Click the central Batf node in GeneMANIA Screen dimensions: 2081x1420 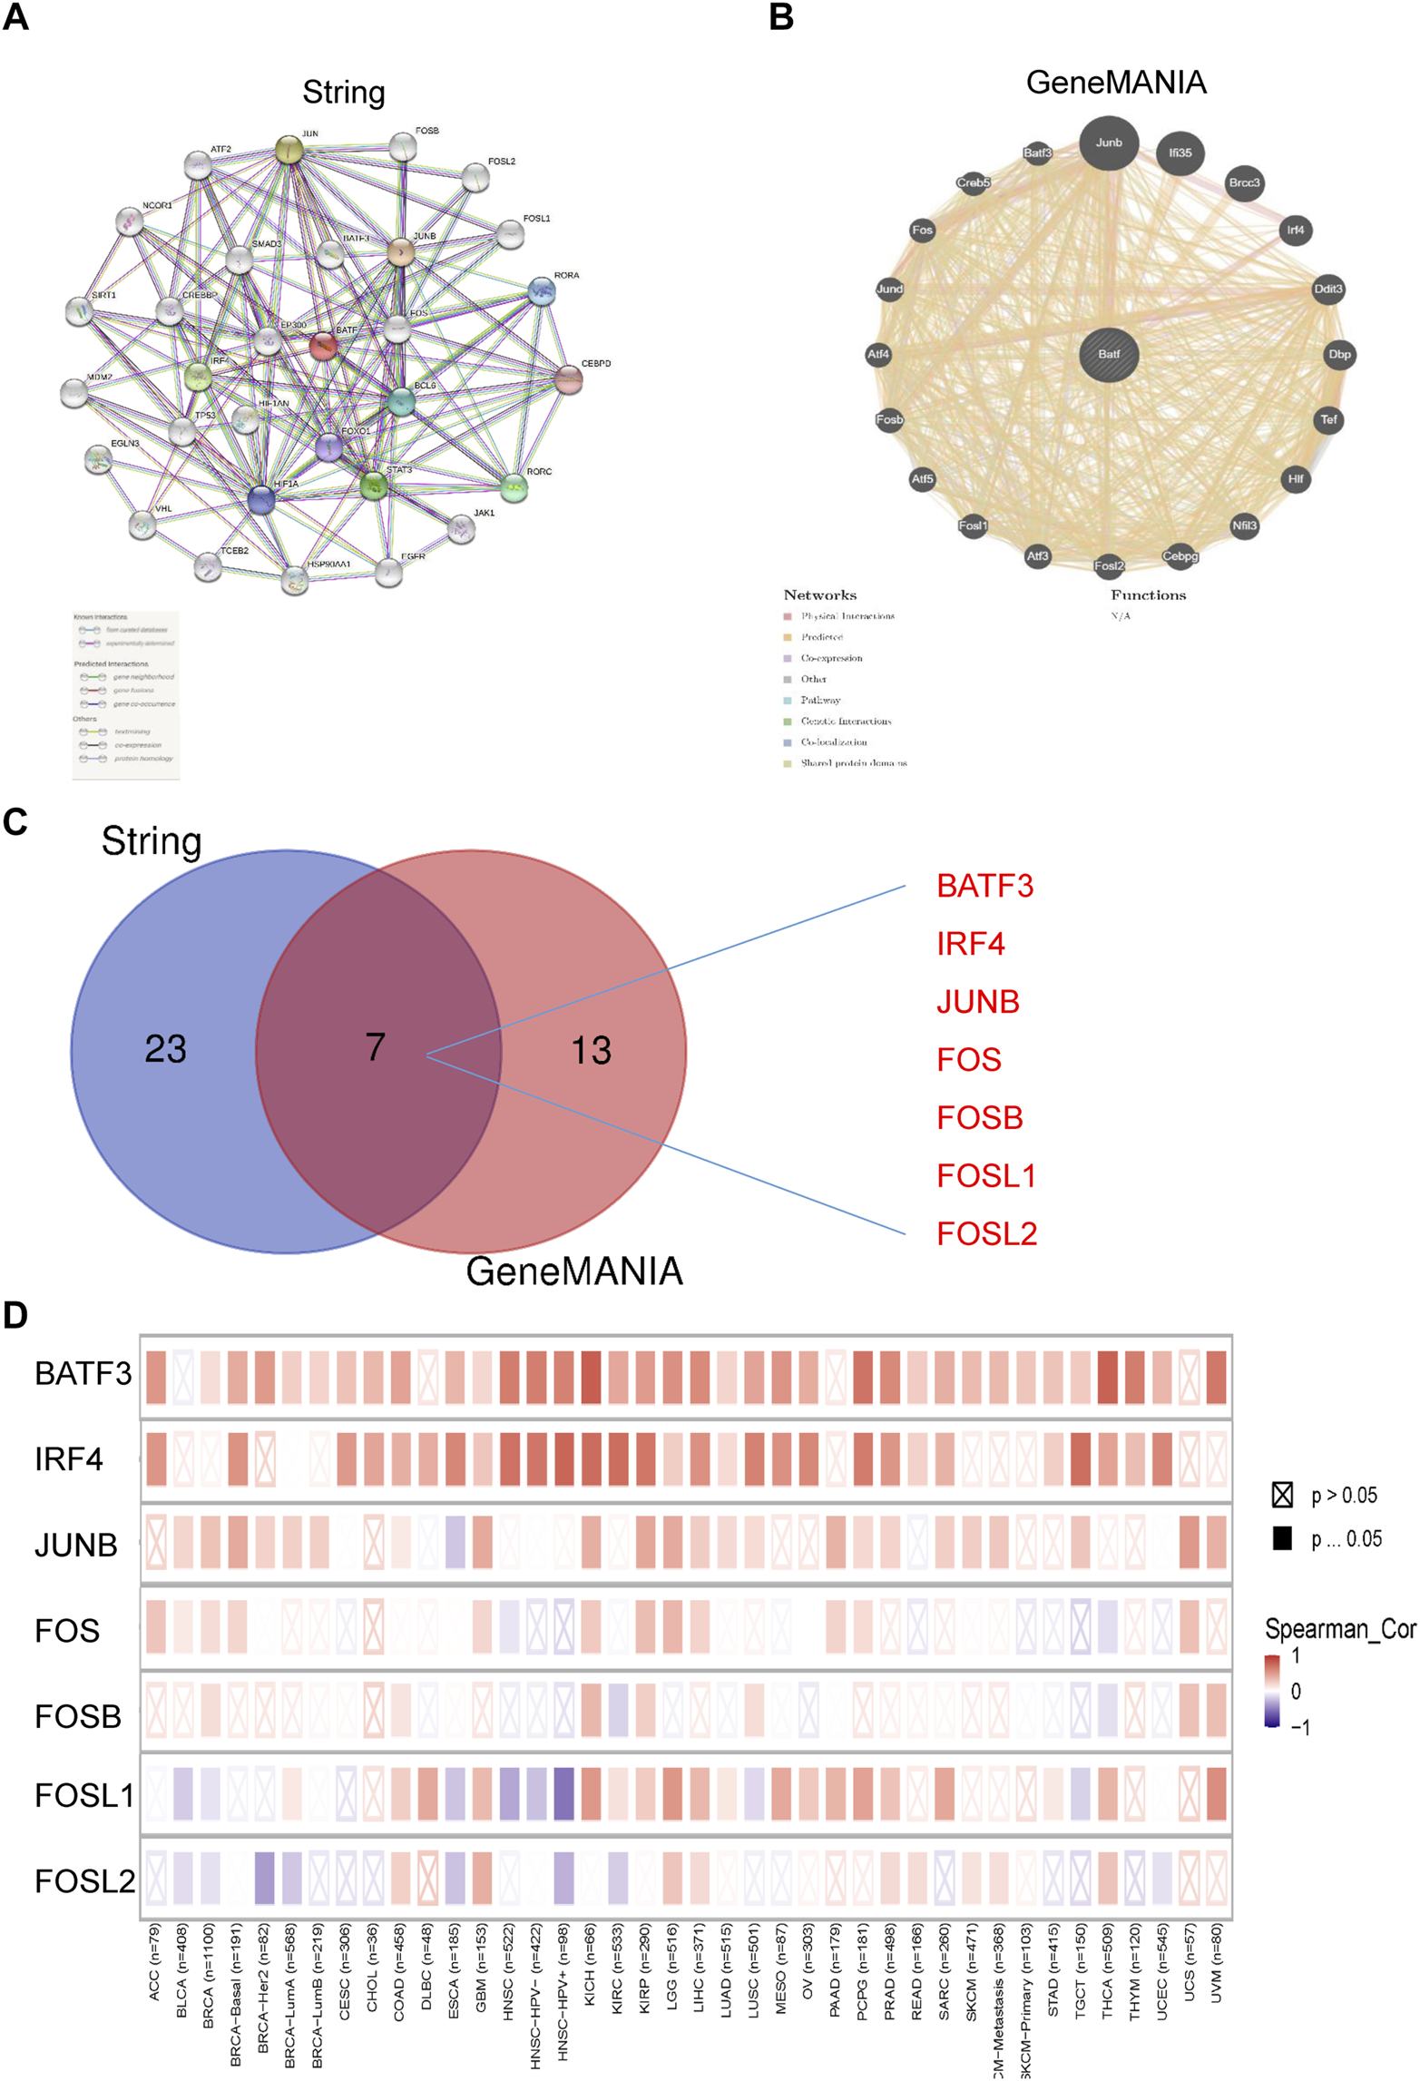point(1109,354)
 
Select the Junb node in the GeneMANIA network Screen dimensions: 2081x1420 point(1109,142)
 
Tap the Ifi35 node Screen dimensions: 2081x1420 point(1180,153)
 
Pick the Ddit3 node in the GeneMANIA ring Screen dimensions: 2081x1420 point(1328,290)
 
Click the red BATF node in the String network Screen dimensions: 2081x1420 point(324,346)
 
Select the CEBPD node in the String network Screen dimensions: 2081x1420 point(568,379)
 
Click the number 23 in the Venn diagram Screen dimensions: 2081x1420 point(165,1049)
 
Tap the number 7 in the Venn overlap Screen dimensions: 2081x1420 point(375,1047)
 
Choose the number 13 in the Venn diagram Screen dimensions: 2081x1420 point(591,1050)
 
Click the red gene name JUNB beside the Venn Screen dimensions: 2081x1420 point(977,1002)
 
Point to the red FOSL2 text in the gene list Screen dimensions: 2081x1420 point(986,1234)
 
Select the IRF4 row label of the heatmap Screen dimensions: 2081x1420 point(69,1459)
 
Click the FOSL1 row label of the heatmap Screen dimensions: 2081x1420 point(83,1795)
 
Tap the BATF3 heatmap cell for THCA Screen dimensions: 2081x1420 point(1107,1377)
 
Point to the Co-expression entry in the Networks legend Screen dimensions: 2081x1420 point(830,658)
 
